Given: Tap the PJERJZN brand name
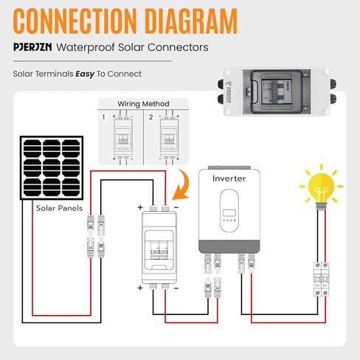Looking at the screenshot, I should (37, 47).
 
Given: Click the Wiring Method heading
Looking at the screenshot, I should (143, 103).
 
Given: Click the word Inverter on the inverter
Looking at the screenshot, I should (229, 179).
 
